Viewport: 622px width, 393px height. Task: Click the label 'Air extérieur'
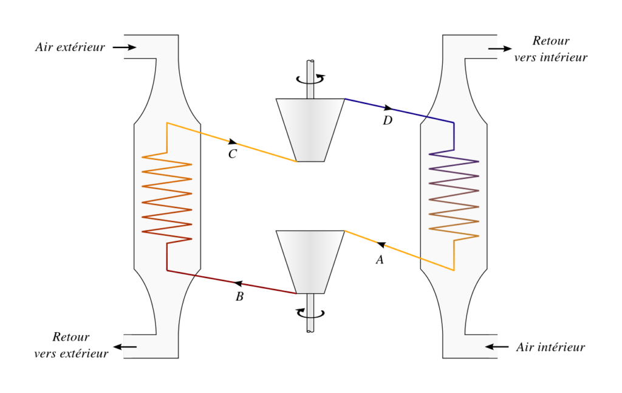point(70,47)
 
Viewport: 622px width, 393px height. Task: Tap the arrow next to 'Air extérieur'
point(124,47)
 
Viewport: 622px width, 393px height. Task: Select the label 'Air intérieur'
point(550,347)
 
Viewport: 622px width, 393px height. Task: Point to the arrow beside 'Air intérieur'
point(497,347)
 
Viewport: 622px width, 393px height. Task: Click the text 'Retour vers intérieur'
point(550,49)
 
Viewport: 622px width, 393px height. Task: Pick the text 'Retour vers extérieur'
point(71,346)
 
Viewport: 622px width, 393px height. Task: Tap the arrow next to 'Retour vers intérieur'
point(500,49)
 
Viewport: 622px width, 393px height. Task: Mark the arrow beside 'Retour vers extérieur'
point(125,347)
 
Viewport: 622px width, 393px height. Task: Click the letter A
point(380,260)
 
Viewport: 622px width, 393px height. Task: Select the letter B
point(239,296)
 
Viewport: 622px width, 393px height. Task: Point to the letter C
point(233,154)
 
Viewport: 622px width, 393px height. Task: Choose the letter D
point(388,120)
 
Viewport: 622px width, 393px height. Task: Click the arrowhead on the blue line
point(388,108)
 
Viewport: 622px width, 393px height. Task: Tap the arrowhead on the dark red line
point(238,283)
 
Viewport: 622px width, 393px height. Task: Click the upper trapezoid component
point(310,130)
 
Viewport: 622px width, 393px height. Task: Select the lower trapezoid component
point(310,262)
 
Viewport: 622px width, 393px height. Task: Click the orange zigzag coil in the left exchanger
point(167,197)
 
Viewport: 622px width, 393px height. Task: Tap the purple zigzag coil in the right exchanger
point(454,195)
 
